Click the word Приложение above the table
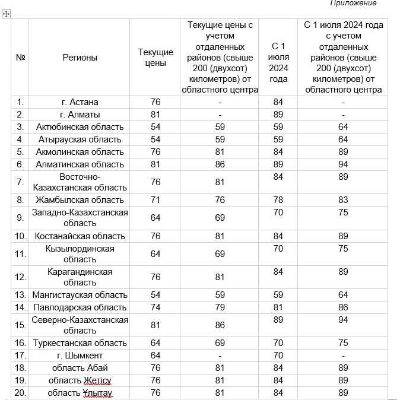tap(353, 3)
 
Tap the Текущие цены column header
tap(155, 58)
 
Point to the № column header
tap(20, 58)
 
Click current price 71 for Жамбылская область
tap(155, 200)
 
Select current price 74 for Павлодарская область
tap(155, 307)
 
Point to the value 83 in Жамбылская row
tap(343, 200)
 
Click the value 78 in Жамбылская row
tap(278, 200)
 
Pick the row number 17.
tap(20, 355)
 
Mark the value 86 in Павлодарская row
tap(343, 307)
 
